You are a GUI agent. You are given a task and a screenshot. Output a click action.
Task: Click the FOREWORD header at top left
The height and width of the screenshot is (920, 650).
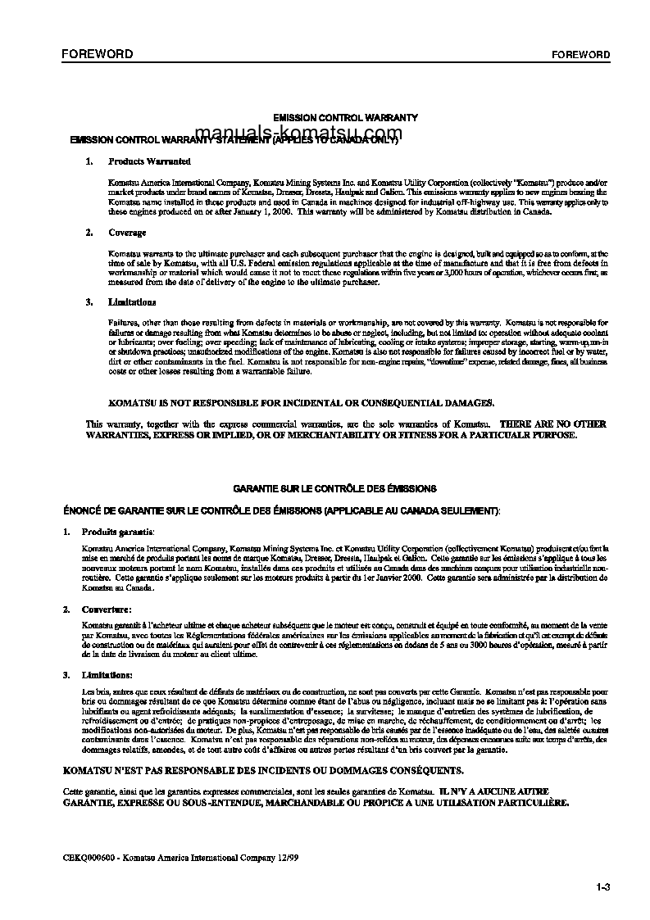pos(97,54)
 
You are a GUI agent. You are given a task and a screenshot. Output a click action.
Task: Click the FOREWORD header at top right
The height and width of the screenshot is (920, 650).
pos(580,55)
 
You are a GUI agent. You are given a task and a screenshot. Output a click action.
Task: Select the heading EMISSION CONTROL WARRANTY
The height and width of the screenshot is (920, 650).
pos(345,118)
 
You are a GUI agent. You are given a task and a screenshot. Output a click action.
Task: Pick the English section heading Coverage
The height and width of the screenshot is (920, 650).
pos(127,233)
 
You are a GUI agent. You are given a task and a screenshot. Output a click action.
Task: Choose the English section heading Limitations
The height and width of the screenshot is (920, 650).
pos(132,302)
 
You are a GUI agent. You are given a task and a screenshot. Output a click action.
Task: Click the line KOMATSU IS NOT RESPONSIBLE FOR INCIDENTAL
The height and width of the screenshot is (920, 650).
pos(302,403)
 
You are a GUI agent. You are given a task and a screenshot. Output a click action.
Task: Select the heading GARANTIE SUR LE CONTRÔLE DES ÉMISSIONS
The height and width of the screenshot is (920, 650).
pos(334,488)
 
